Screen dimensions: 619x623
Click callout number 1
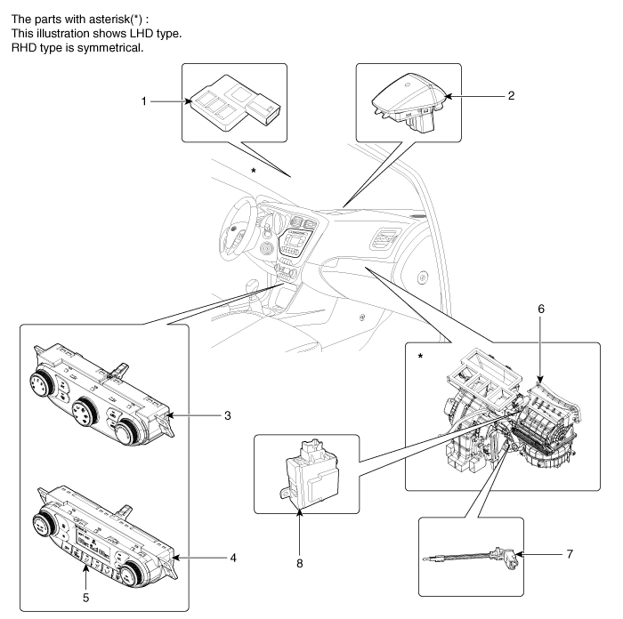pyautogui.click(x=143, y=102)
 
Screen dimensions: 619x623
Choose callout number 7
pyautogui.click(x=569, y=554)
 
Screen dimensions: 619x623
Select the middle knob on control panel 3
pyautogui.click(x=87, y=412)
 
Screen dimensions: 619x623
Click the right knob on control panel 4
pyautogui.click(x=131, y=570)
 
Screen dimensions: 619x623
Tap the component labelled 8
pyautogui.click(x=307, y=471)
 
